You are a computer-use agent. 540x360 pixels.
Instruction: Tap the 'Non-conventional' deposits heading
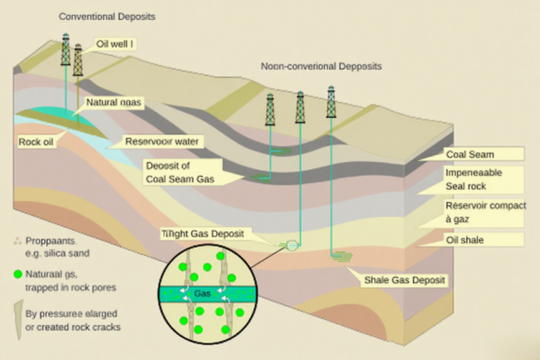click(x=321, y=66)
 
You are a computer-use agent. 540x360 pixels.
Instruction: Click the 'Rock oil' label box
click(x=37, y=141)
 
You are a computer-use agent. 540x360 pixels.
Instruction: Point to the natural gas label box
click(x=115, y=104)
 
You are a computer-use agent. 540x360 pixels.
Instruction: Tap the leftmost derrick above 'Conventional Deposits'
click(x=66, y=50)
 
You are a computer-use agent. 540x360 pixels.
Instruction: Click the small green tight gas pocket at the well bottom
click(x=292, y=245)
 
